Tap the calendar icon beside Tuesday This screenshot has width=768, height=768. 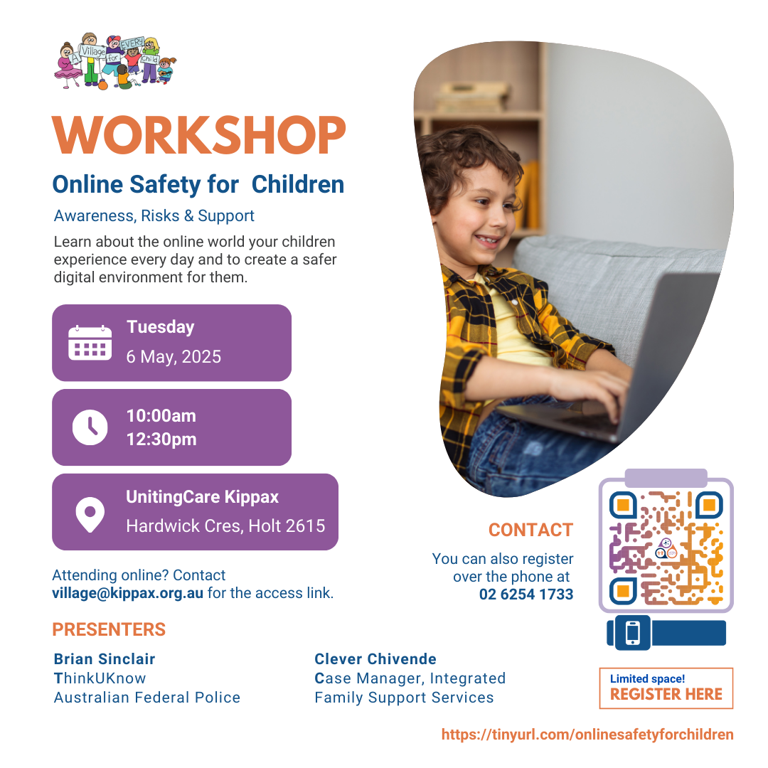[x=90, y=342]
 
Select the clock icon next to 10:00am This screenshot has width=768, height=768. [x=90, y=427]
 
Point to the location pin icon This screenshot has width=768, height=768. [x=90, y=514]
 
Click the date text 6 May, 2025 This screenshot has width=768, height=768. [x=174, y=356]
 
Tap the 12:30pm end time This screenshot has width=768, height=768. [x=161, y=439]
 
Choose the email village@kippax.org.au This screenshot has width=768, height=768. [x=127, y=593]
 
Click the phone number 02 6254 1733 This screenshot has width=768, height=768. [x=526, y=594]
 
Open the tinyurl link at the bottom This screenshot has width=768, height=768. [x=587, y=734]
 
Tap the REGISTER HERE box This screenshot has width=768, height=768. [x=666, y=688]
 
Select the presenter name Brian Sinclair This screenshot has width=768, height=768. [x=105, y=658]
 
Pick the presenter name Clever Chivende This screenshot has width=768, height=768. [x=375, y=658]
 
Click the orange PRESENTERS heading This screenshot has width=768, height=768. [x=109, y=629]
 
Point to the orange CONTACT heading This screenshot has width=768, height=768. [x=530, y=530]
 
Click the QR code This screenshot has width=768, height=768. [x=666, y=545]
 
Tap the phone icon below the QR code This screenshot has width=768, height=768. [x=632, y=633]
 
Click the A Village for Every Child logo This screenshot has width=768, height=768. [x=115, y=62]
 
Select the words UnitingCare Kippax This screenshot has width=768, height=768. [x=202, y=496]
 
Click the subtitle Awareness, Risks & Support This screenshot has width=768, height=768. [x=154, y=215]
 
